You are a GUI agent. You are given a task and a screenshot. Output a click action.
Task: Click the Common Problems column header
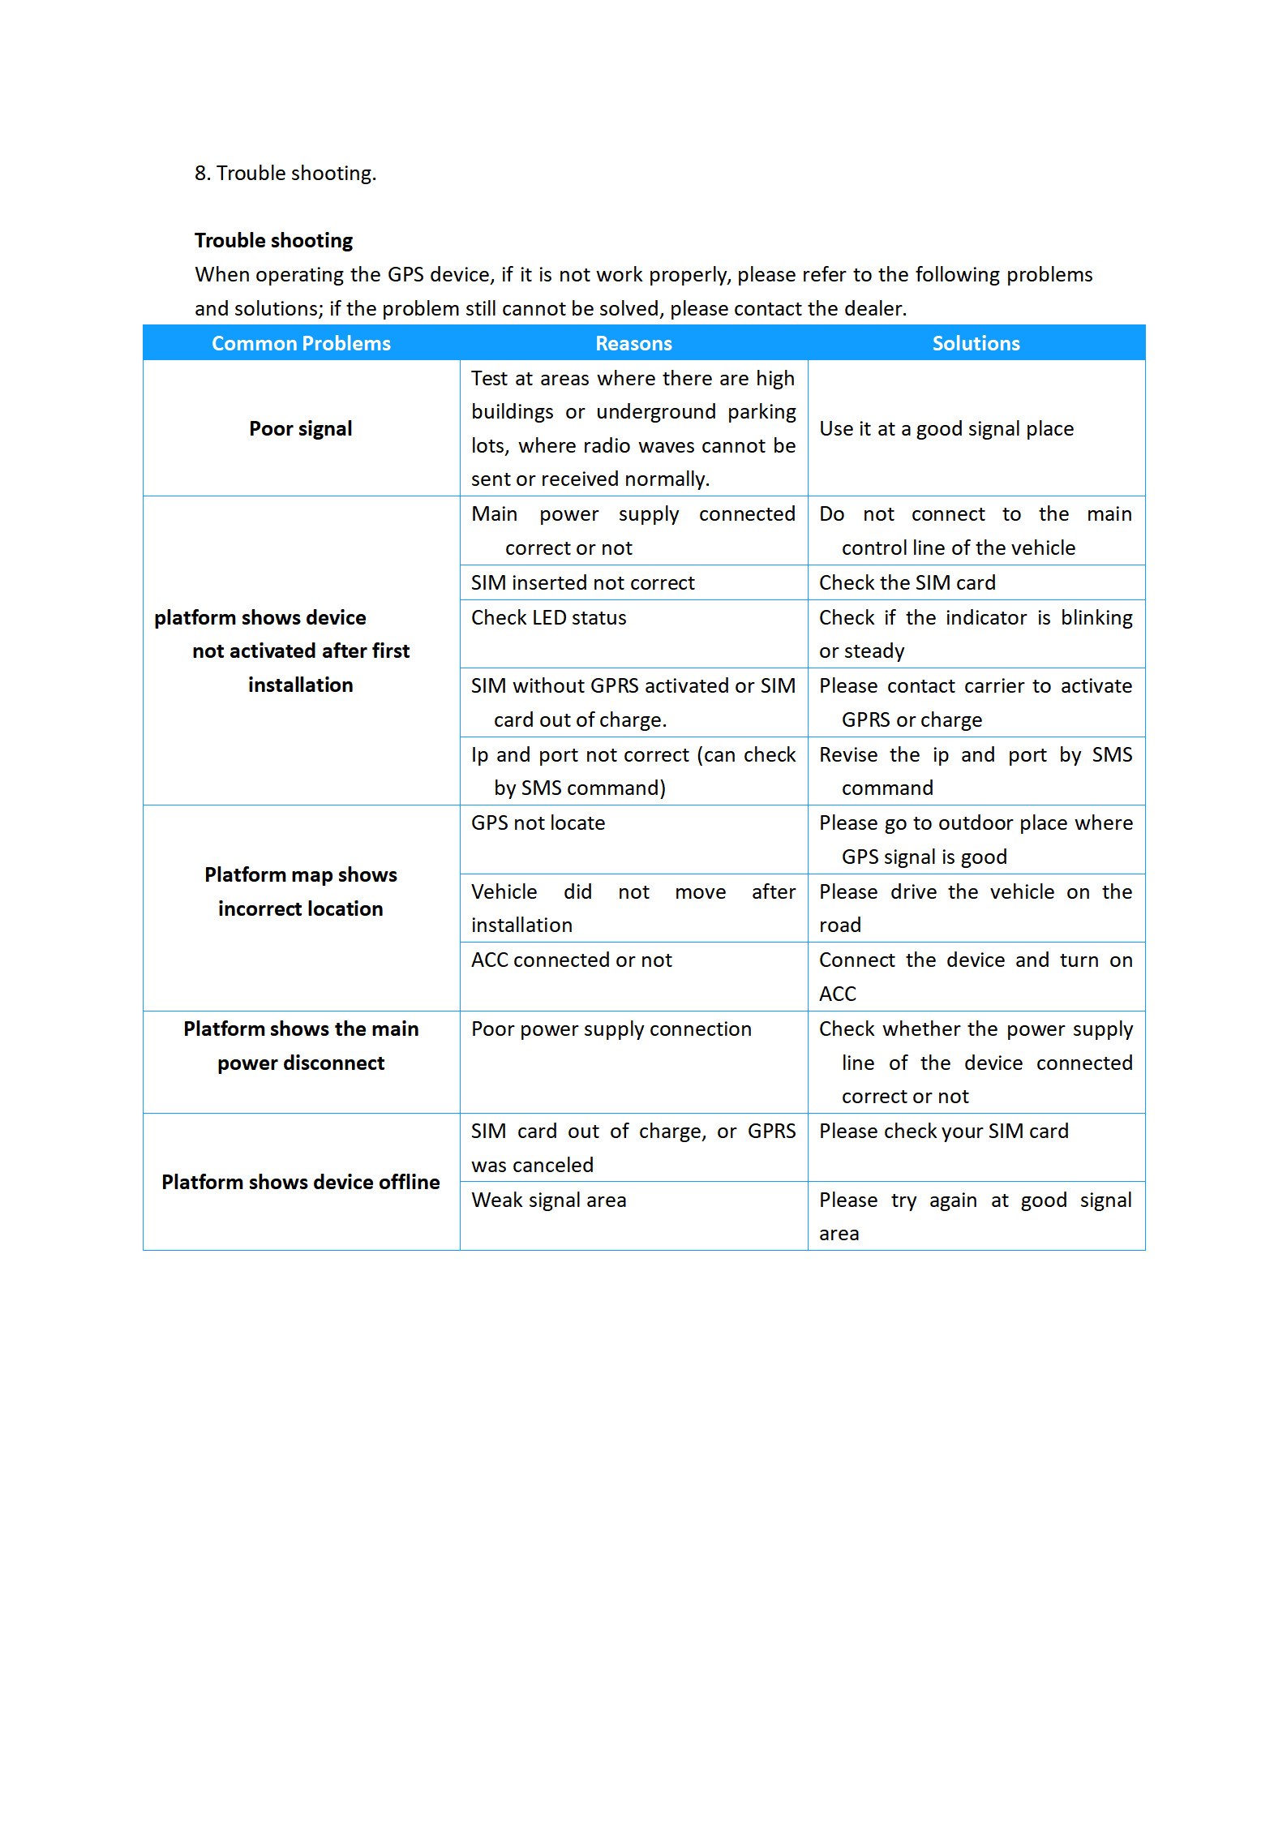pos(301,343)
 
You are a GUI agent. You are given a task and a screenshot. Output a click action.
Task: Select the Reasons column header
pos(633,343)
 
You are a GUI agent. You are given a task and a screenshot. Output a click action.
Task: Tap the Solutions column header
pos(976,343)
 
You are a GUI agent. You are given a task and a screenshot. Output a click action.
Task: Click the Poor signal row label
pos(301,428)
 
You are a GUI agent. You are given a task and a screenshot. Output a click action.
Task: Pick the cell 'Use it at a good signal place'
pos(946,428)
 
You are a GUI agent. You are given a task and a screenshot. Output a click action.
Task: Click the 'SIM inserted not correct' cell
pos(582,582)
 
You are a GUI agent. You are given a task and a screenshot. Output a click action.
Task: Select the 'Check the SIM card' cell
pos(907,582)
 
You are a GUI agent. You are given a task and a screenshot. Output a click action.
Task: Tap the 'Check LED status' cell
pos(548,617)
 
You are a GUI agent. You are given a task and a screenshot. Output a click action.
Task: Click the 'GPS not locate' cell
pos(538,822)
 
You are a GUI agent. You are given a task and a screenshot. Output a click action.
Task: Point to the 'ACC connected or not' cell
pos(571,960)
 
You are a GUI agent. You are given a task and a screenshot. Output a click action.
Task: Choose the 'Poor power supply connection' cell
pos(611,1029)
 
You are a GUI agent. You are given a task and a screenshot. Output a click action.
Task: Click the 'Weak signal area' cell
pos(548,1200)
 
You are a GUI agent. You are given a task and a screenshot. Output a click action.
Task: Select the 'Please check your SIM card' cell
pos(943,1131)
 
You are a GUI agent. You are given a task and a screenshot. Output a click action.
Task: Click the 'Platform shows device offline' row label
pos(301,1182)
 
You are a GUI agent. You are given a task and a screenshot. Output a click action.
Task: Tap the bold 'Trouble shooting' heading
pos(273,240)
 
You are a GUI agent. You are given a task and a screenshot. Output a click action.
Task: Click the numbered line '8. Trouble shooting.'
pos(285,173)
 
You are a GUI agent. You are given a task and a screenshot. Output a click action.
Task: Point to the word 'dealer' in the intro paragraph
pos(874,308)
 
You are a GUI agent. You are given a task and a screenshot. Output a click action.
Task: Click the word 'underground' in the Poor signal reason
pos(655,412)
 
